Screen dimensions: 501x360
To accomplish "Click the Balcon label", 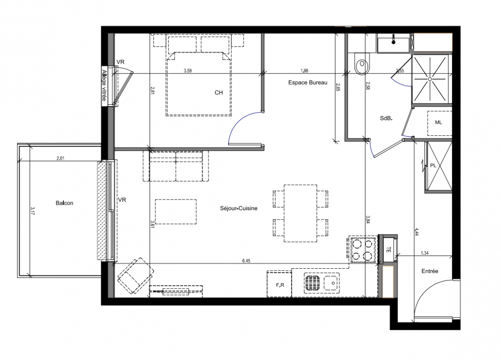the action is click(x=64, y=203).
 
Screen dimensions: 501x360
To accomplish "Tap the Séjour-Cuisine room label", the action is click(x=239, y=208).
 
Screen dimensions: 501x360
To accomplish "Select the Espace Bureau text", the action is click(x=308, y=82).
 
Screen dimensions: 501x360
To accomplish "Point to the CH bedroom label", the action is click(x=219, y=93).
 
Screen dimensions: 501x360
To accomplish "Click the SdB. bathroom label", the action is click(x=386, y=118).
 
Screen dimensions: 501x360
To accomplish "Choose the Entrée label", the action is click(x=430, y=271).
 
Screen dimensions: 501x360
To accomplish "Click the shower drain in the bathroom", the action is click(x=430, y=79).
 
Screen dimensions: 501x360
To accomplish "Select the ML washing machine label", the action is click(x=438, y=122).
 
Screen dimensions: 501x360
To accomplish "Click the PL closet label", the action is click(x=433, y=166).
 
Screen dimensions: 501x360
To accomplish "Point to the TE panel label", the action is click(x=388, y=250).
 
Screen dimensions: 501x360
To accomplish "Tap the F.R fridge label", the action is click(x=280, y=285).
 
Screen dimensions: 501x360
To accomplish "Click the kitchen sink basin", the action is click(x=332, y=283).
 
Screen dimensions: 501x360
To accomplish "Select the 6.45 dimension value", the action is click(x=246, y=261).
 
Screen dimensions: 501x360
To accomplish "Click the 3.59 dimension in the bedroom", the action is click(x=188, y=71).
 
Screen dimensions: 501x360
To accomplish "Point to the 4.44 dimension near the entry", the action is click(x=417, y=232).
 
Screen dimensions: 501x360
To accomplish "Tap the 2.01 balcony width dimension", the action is click(x=60, y=158).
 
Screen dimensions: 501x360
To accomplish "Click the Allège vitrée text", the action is click(x=104, y=85).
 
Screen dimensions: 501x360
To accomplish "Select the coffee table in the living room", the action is click(x=176, y=211).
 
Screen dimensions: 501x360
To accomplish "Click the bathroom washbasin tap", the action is click(x=393, y=41).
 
